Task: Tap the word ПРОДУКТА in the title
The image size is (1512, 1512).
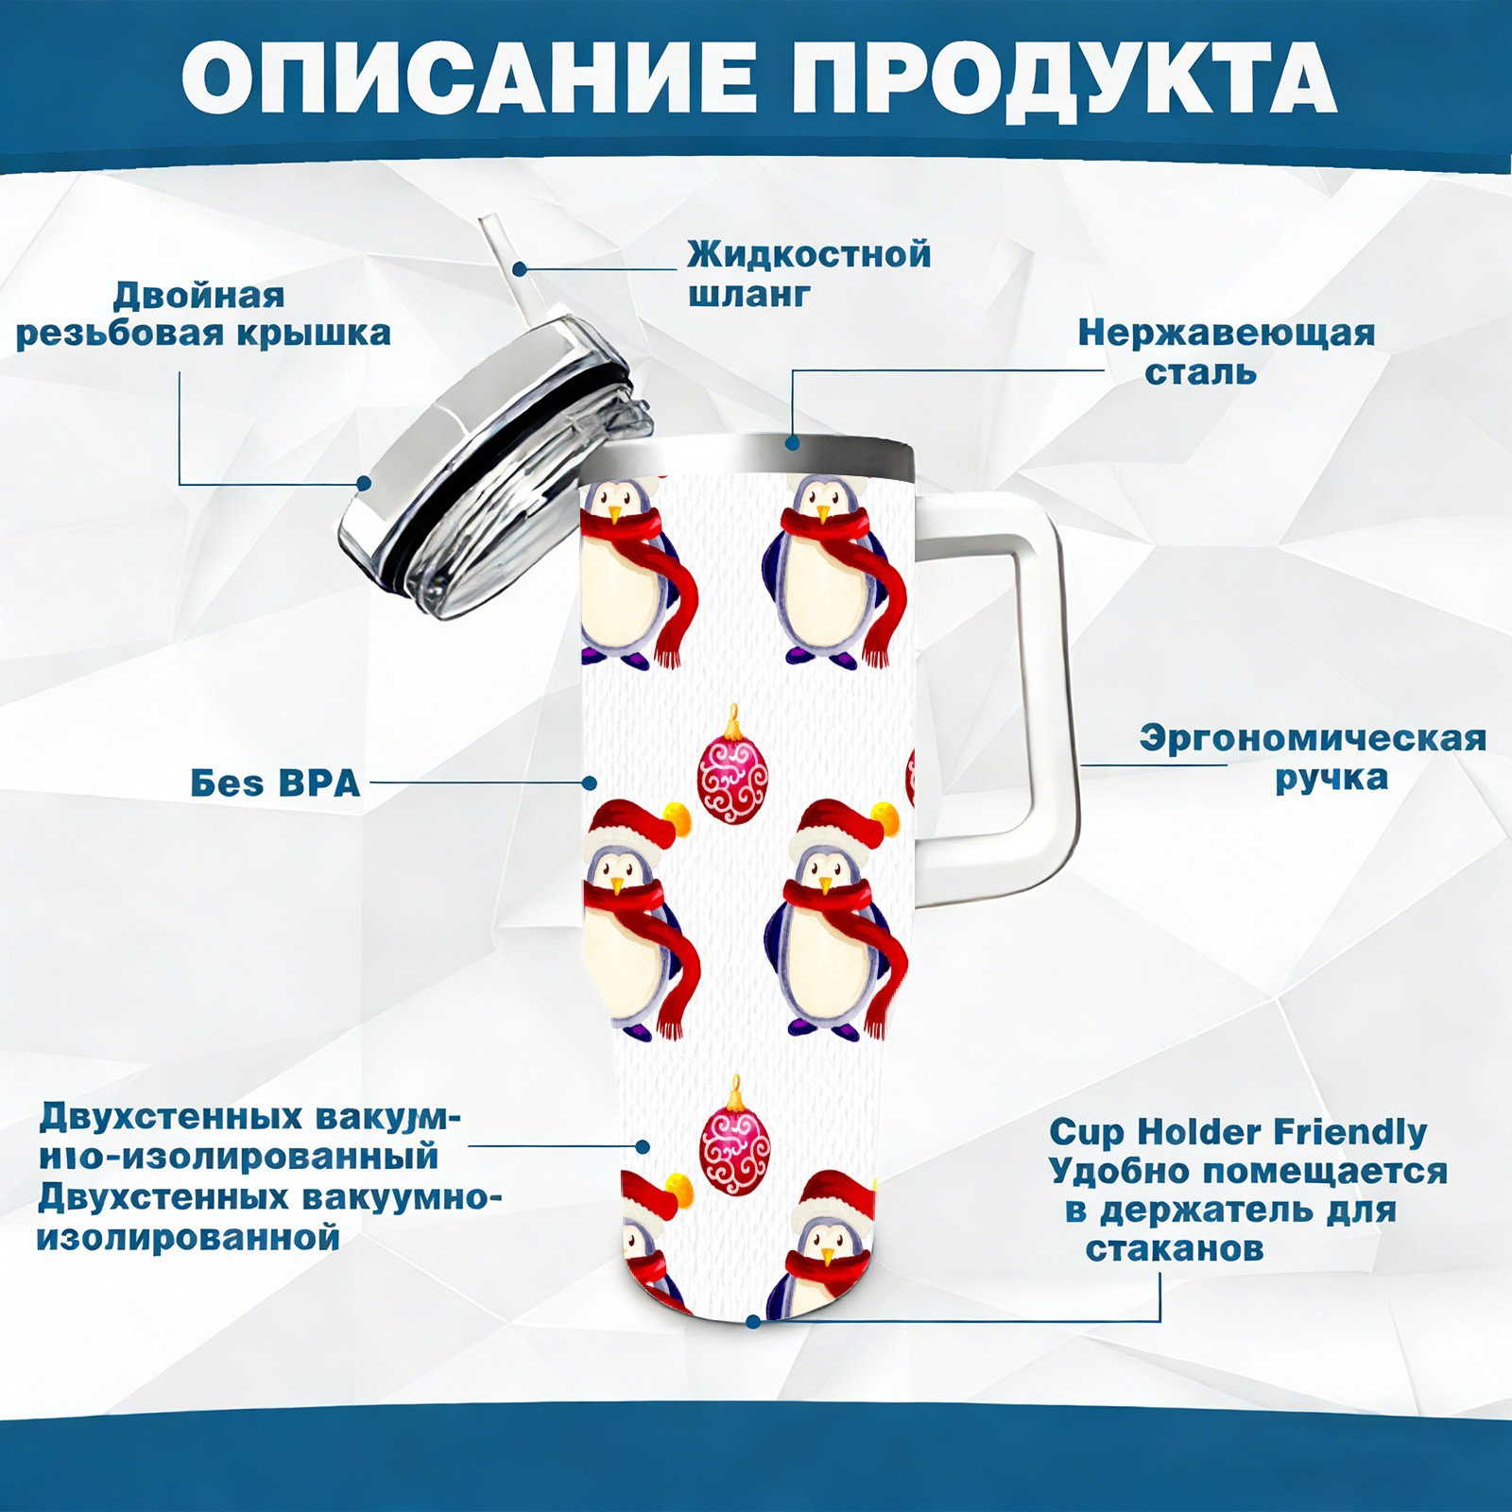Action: click(x=1064, y=79)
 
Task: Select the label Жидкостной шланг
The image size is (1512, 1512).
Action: click(x=809, y=273)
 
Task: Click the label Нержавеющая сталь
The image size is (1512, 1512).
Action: click(x=1227, y=352)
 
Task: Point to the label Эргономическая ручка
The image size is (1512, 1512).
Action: click(x=1314, y=758)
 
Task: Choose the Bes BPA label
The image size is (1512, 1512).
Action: click(x=275, y=782)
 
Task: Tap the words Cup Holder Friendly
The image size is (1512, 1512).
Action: click(x=1238, y=1132)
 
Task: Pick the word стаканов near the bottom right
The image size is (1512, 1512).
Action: click(x=1175, y=1248)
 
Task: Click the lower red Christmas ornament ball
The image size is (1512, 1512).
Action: click(x=734, y=1136)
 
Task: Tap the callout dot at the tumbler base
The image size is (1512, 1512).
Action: click(x=753, y=1321)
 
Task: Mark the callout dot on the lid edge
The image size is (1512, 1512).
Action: click(x=363, y=484)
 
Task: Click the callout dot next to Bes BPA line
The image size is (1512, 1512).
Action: click(x=590, y=782)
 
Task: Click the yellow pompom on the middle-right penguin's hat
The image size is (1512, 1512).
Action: click(x=884, y=816)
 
